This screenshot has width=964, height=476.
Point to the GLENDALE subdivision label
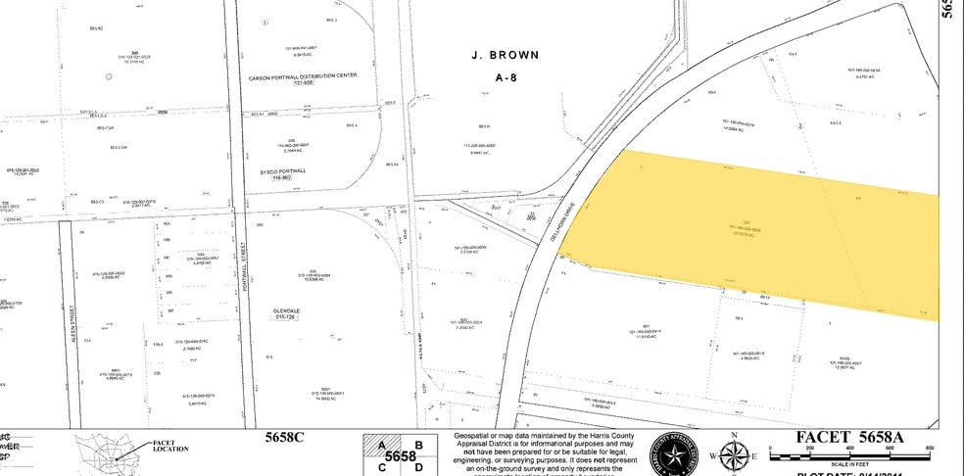[285, 309]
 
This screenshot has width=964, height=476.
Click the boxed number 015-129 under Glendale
[285, 317]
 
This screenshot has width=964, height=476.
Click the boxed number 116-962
[282, 178]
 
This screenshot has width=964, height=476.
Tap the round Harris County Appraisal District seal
[673, 454]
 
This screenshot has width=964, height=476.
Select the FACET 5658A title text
[850, 437]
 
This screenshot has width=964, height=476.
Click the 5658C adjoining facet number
[286, 438]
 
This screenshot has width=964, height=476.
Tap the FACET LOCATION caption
[169, 447]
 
